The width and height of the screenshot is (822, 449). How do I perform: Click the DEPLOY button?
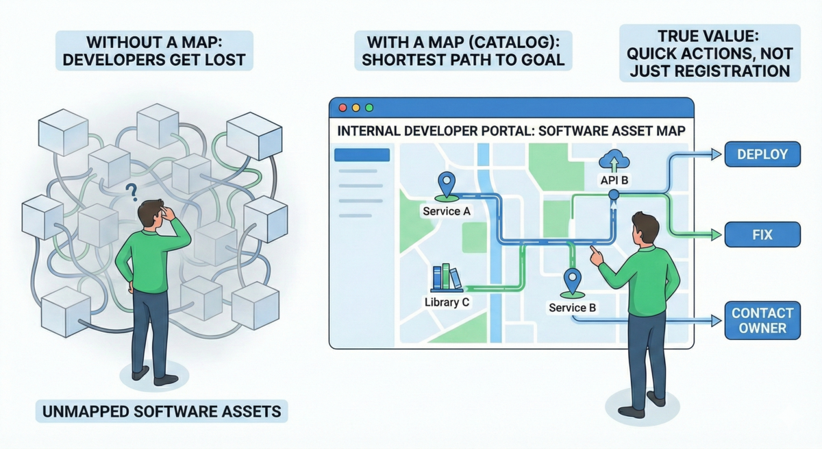tap(762, 154)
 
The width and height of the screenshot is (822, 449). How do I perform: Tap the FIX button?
tap(762, 234)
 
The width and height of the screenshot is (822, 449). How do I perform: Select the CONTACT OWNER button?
tap(762, 321)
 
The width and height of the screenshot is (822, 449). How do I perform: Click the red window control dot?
tap(342, 108)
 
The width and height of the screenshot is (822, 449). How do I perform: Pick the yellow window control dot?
tap(356, 108)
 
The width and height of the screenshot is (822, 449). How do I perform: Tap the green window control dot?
tap(369, 108)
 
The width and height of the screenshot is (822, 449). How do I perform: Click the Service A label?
tap(446, 211)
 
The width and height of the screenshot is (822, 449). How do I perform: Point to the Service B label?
tap(572, 307)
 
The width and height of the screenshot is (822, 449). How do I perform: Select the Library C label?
tap(447, 302)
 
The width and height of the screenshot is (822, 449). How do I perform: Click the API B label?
tap(614, 180)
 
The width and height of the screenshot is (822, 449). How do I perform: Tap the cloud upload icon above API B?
tap(614, 161)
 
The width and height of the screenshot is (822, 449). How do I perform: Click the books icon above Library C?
tap(447, 278)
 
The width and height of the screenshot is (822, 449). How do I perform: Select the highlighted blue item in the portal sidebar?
tap(362, 155)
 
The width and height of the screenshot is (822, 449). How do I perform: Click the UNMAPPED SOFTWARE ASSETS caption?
tap(162, 411)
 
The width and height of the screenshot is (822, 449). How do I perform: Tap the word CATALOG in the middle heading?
tap(510, 43)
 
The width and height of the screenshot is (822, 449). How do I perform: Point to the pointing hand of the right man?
tap(597, 256)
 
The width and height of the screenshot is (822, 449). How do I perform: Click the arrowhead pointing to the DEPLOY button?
tap(717, 154)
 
